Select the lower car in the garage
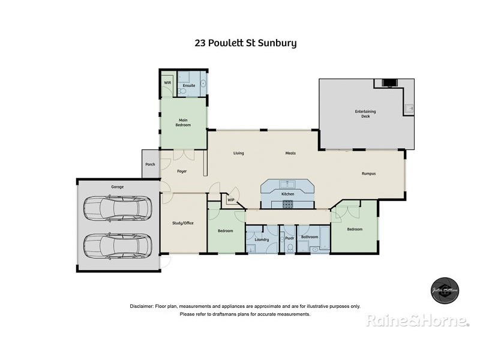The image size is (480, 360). point(117,244)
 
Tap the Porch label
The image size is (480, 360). point(150,164)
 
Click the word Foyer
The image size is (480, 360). point(182,172)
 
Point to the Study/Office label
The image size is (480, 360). point(183,223)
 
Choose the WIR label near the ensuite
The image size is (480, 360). point(167,83)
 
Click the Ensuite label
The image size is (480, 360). point(188,86)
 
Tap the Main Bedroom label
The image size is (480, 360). point(183,122)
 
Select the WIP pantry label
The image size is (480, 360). point(231,200)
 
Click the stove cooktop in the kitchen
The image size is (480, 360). point(287,205)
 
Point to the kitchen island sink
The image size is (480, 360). point(287,184)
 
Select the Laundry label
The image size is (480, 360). point(262,239)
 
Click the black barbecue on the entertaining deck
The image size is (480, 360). point(389,83)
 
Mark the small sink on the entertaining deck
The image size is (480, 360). point(409,109)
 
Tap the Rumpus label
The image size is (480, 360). point(368,173)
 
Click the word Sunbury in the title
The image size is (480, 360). point(277,43)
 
